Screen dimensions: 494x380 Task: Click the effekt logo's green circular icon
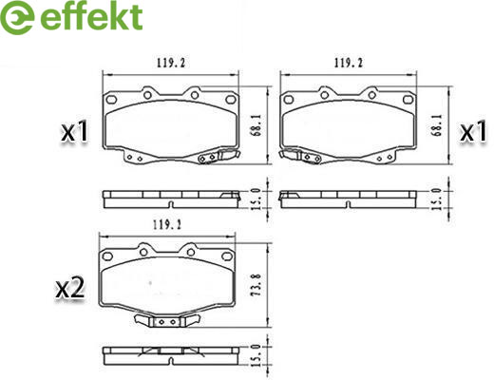(x=17, y=17)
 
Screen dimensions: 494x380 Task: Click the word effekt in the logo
(x=91, y=16)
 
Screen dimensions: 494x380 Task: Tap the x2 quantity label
(x=70, y=288)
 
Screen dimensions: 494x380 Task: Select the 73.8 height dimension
(x=256, y=285)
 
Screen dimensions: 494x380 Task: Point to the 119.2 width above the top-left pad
(x=171, y=63)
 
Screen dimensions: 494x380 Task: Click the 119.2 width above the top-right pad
(x=349, y=63)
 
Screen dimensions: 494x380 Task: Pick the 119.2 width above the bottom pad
(x=167, y=225)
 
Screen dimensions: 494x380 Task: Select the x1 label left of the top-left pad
(x=75, y=131)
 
